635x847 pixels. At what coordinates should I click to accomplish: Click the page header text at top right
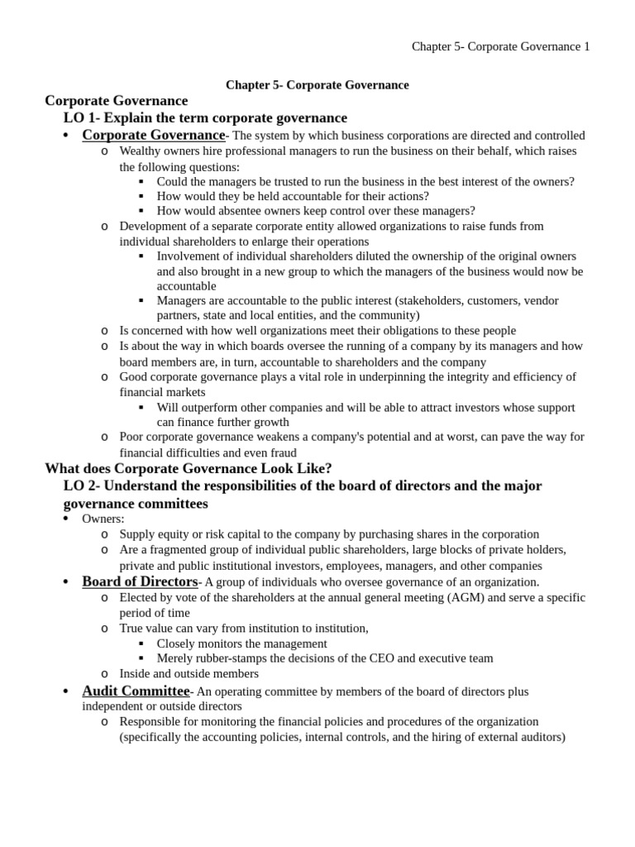click(500, 47)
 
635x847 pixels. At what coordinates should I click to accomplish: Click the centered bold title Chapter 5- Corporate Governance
click(317, 85)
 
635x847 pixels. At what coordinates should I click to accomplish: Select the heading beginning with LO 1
click(205, 118)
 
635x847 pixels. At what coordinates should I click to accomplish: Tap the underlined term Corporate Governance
click(153, 135)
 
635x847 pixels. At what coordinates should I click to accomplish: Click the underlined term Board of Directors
click(140, 581)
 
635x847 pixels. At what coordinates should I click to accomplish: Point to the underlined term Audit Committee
click(136, 691)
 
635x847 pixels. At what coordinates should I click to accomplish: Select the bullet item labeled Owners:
click(103, 519)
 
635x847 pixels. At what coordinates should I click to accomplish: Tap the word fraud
click(279, 452)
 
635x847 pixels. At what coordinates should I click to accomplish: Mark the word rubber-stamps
click(231, 658)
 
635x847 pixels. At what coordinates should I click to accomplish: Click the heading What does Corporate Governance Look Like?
click(189, 468)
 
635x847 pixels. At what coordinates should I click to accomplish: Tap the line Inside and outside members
click(189, 673)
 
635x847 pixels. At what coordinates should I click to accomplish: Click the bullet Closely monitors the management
click(241, 643)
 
